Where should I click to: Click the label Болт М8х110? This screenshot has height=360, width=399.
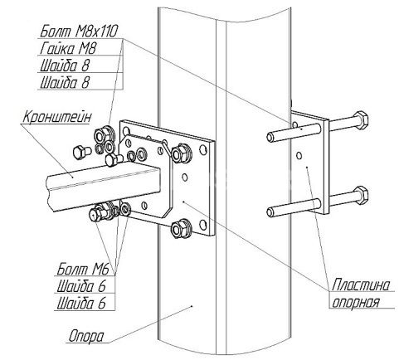79,31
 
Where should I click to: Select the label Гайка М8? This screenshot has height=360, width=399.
68,49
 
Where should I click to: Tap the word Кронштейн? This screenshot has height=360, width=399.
56,117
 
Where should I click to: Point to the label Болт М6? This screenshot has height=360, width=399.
83,269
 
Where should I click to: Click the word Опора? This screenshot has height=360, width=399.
86,337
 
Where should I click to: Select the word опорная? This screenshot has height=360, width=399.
355,302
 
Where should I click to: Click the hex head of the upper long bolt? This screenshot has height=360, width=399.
362,119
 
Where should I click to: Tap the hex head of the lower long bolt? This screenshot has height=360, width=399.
362,195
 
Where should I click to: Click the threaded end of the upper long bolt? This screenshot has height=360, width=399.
271,137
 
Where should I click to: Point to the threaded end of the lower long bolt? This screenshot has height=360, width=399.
271,212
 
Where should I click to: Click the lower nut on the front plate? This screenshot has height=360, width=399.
180,228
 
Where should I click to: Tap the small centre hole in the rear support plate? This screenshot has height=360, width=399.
299,156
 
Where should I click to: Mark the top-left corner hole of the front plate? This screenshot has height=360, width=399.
126,130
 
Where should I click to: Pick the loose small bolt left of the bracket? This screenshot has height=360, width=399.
81,152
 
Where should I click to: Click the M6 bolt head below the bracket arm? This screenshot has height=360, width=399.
95,214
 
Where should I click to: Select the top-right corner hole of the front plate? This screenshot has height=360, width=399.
203,150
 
